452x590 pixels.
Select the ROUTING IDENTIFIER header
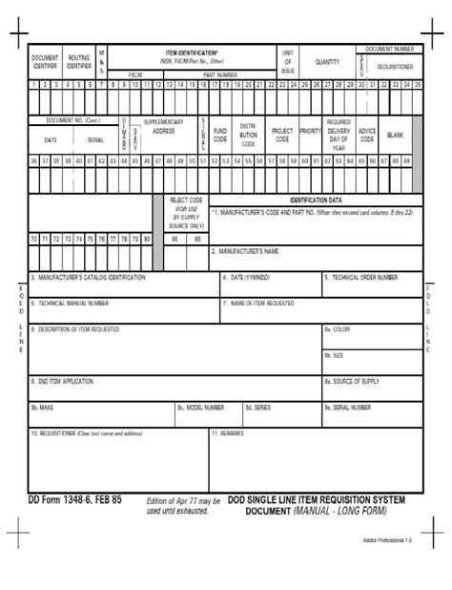coord(79,62)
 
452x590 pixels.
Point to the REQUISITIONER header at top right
coord(395,68)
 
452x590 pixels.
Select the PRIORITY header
coord(310,130)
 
